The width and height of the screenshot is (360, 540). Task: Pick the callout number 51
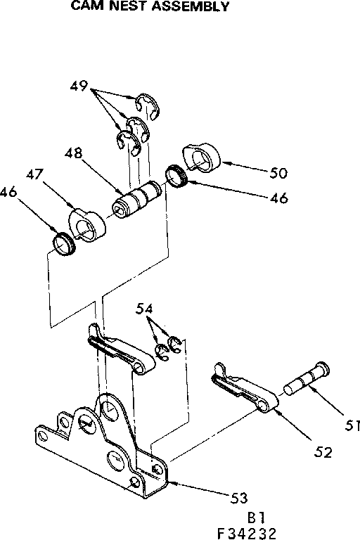tap(351, 425)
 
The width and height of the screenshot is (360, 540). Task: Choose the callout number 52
tap(323, 451)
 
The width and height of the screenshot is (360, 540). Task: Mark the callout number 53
tap(240, 498)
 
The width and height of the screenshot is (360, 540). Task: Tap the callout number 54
tap(145, 309)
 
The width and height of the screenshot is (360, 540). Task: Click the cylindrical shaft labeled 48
tap(139, 198)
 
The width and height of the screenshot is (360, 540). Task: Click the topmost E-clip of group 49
tap(149, 103)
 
